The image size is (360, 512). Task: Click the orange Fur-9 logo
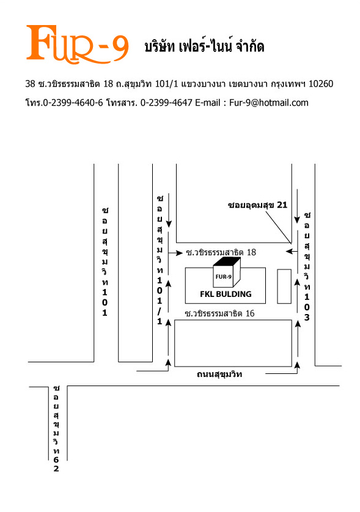[78, 44]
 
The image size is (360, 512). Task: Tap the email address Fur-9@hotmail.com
[268, 103]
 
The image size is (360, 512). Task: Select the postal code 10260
[321, 84]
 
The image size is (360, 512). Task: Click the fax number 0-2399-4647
[166, 103]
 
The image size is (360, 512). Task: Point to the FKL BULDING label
[226, 294]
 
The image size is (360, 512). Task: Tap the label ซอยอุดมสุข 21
[257, 205]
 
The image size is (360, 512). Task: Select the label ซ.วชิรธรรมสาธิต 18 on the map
[221, 252]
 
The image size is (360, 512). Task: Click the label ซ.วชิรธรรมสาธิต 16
[219, 313]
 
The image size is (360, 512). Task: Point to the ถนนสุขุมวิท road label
[219, 374]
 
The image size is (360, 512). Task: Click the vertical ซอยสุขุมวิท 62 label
[56, 429]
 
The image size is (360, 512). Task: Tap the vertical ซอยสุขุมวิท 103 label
[307, 266]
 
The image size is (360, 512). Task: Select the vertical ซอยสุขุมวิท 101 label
[105, 261]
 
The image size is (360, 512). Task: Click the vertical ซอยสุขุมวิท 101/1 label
[160, 260]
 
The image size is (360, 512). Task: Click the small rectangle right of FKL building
[284, 287]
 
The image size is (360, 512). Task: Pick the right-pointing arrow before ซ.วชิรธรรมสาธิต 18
[175, 253]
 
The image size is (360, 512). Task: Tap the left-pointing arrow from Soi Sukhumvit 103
[292, 252]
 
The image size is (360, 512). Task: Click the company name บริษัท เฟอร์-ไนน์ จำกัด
[204, 46]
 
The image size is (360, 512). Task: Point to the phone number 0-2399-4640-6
[73, 103]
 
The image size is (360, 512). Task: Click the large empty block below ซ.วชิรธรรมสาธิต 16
[233, 343]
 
